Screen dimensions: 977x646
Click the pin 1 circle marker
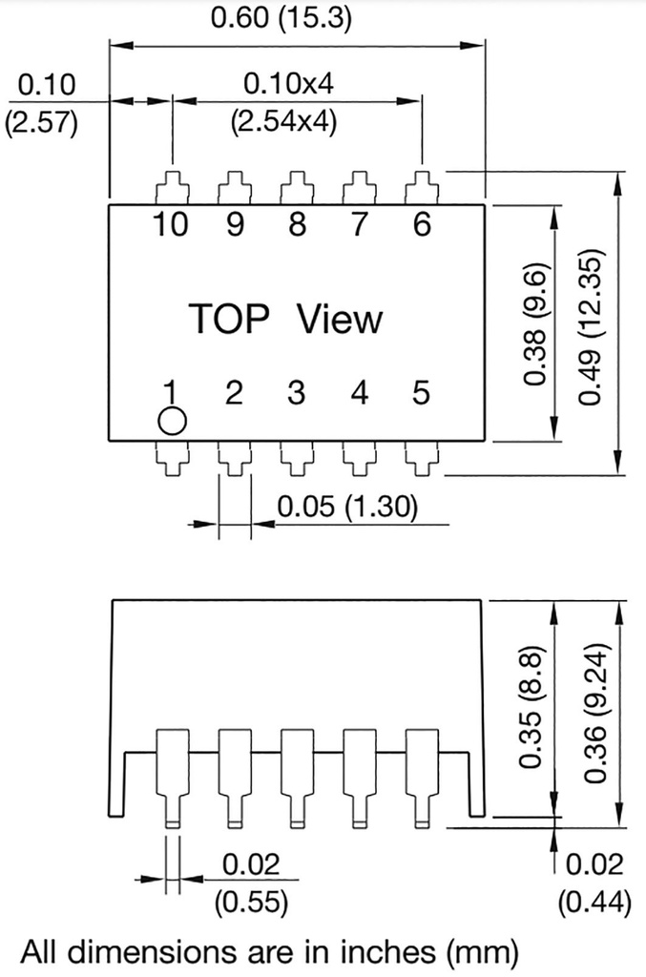click(172, 422)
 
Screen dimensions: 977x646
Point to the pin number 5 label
click(421, 392)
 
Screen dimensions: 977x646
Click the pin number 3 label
click(297, 392)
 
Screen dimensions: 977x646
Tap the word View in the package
click(340, 320)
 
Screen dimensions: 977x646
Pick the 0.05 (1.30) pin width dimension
click(347, 507)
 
